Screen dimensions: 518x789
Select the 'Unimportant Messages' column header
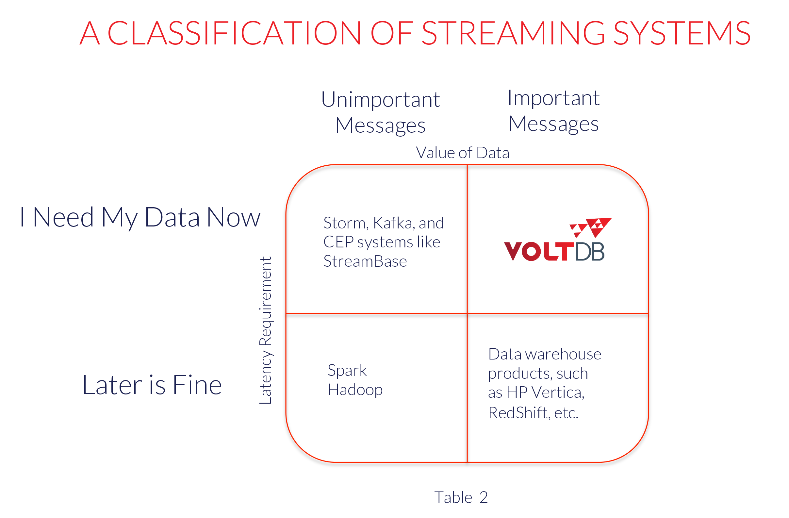pos(380,112)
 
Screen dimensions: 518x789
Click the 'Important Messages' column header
pos(554,111)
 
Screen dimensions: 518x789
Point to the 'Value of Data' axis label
pos(463,153)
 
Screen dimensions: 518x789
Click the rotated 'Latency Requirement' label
pos(266,330)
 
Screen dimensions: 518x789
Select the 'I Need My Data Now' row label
pos(140,218)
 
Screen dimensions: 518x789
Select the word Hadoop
pos(355,390)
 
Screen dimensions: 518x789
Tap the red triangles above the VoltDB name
pos(590,227)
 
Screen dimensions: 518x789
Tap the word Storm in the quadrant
pos(346,223)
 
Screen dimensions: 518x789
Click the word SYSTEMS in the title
pos(682,33)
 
